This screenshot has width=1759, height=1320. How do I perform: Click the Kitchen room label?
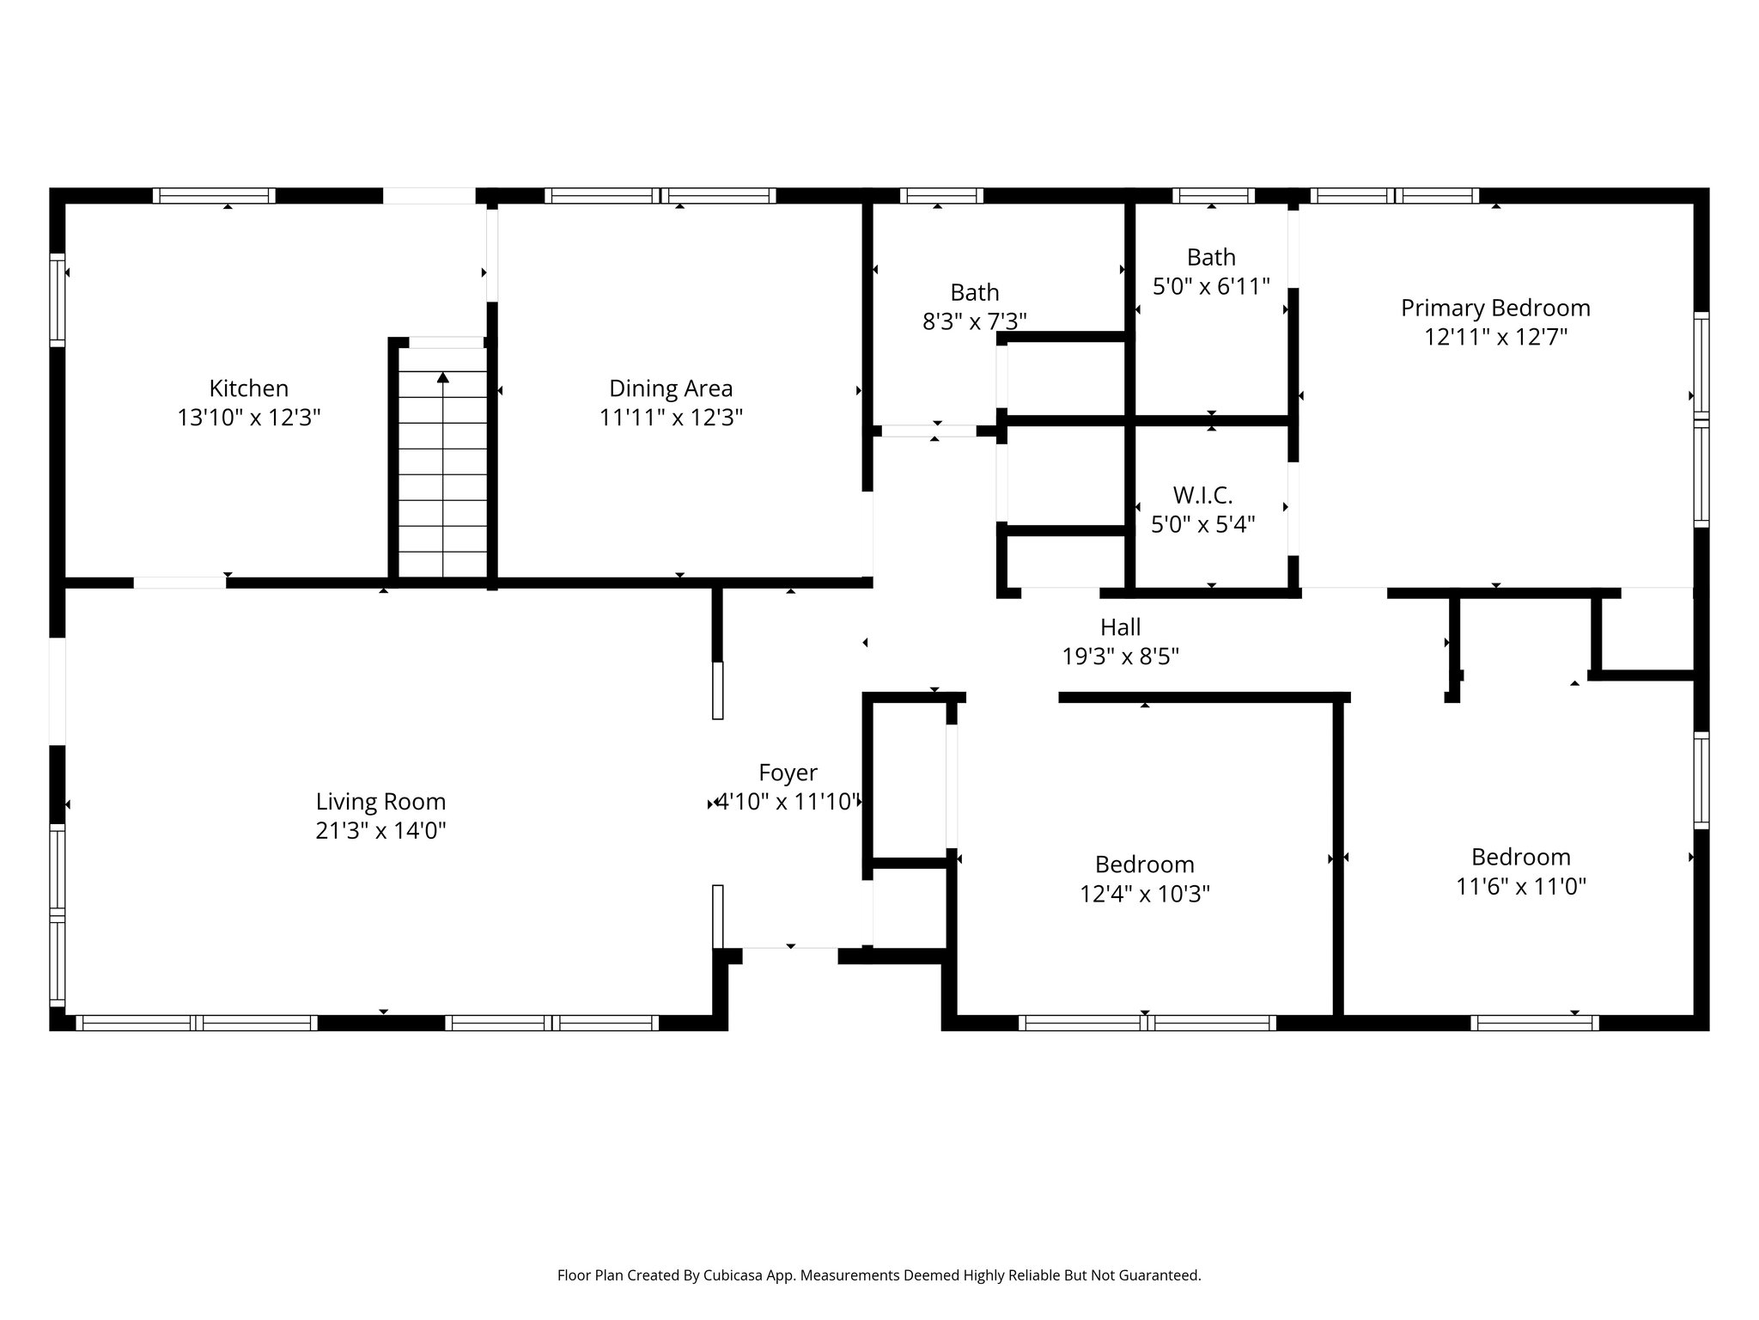pos(248,388)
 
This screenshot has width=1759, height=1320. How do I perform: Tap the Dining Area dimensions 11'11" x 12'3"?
pos(671,418)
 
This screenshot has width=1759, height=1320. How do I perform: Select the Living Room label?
pos(380,802)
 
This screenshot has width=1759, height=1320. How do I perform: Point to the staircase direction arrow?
pos(443,378)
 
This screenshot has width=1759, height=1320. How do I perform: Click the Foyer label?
pos(788,773)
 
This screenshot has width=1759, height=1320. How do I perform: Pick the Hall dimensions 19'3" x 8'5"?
pos(1120,657)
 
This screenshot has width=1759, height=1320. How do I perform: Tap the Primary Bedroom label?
pos(1495,308)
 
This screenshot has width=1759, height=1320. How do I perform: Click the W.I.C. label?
pos(1202,495)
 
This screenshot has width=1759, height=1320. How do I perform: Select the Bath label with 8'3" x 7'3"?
pos(974,292)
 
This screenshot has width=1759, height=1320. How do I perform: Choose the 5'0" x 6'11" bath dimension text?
pos(1211,286)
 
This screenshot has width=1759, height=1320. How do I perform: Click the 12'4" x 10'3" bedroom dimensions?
pos(1144,895)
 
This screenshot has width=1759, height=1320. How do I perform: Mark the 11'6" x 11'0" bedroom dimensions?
pos(1520,886)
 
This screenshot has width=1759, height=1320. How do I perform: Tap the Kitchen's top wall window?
pos(214,196)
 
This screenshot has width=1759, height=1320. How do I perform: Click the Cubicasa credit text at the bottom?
pos(879,1275)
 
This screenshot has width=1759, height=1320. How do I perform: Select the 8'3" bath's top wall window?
pos(940,196)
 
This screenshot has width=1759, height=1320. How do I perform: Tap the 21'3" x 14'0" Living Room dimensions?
pos(380,831)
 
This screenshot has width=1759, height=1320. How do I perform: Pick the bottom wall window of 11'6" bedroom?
pos(1534,1023)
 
